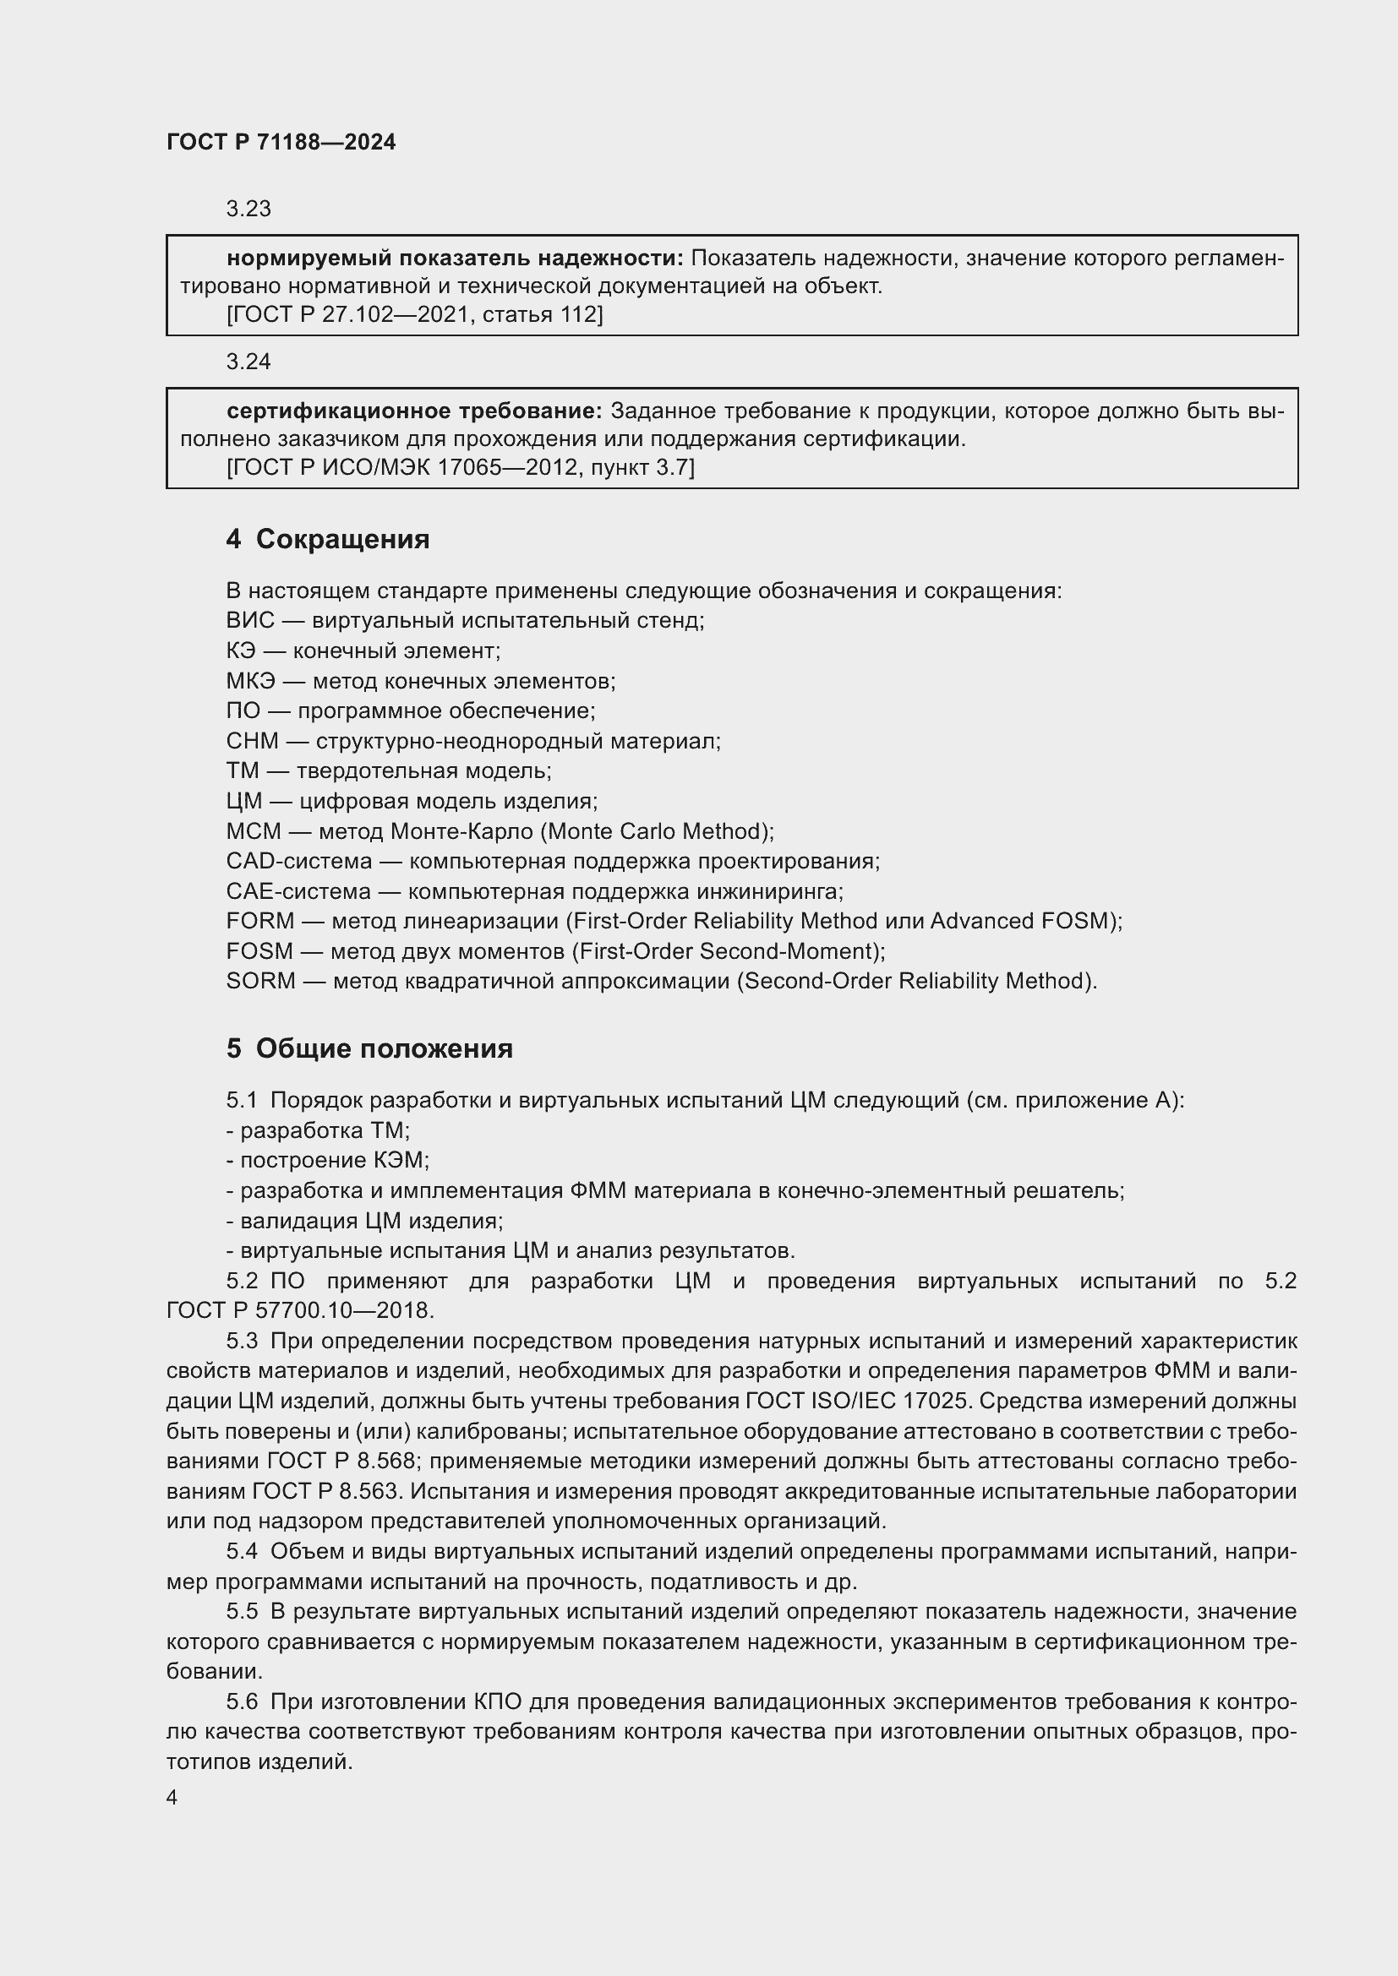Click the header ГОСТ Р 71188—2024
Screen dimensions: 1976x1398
tap(281, 142)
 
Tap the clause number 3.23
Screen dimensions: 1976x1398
tap(248, 210)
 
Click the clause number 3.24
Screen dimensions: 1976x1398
tap(248, 362)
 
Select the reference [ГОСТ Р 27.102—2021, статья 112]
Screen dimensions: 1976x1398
tap(414, 315)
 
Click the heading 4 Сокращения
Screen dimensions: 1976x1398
tap(327, 540)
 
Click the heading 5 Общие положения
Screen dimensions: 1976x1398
tap(369, 1049)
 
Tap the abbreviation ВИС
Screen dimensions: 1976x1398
tap(249, 621)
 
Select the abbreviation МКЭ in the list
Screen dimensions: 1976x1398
tap(250, 682)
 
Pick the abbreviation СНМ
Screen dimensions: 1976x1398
tap(252, 741)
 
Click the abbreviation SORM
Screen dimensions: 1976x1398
tap(260, 981)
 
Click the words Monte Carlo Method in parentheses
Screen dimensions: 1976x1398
tap(658, 831)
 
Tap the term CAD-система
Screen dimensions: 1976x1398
tap(298, 862)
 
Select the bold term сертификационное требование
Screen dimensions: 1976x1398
tap(414, 411)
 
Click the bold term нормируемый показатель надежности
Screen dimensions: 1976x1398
tap(455, 259)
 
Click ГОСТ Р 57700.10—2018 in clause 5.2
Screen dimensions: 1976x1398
tap(299, 1311)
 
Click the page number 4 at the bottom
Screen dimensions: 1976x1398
tap(172, 1798)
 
